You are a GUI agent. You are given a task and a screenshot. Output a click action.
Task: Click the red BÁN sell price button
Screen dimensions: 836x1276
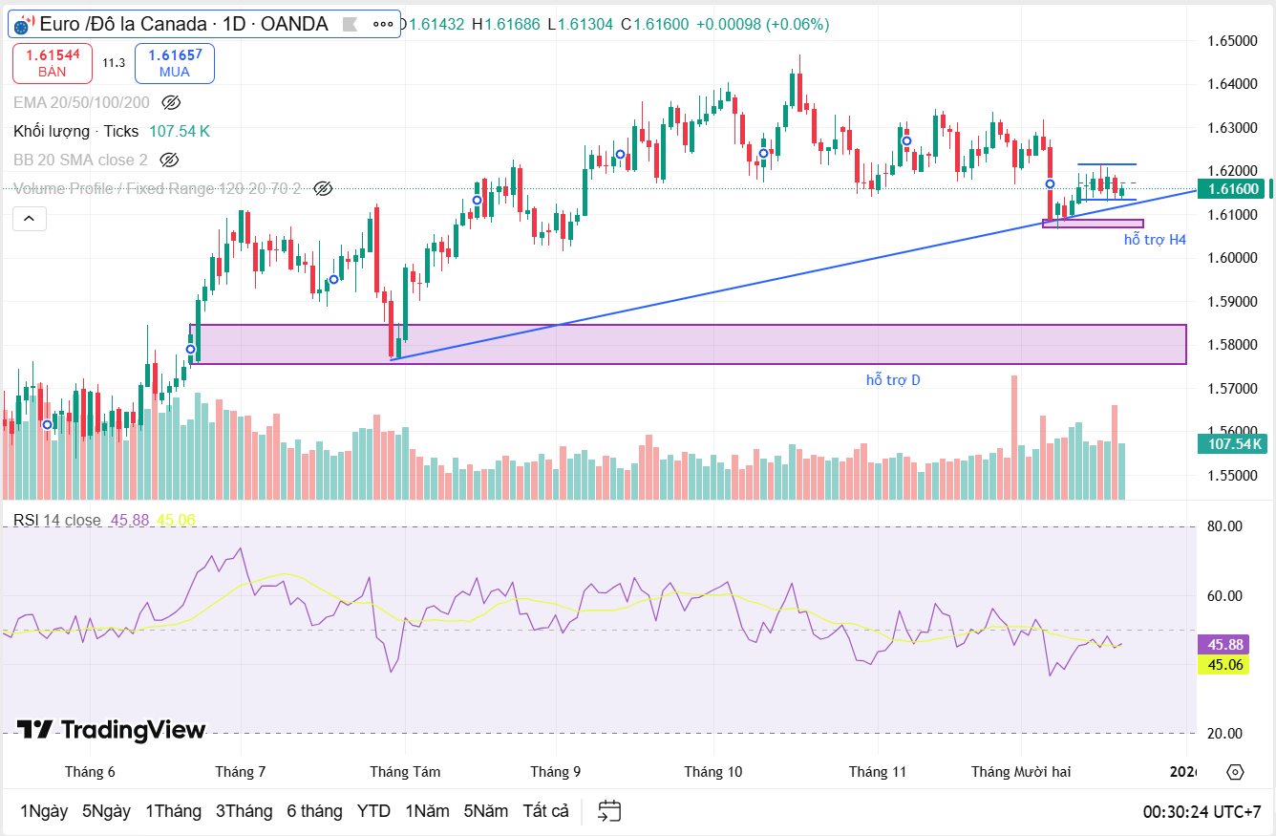53,63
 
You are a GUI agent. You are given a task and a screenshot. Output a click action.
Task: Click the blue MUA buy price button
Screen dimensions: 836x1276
175,63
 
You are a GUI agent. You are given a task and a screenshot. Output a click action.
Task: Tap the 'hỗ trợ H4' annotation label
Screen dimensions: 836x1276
1155,240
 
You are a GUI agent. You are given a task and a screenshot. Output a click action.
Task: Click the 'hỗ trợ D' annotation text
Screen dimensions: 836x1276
893,380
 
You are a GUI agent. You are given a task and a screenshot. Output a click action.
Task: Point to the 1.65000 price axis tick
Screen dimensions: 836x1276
1231,41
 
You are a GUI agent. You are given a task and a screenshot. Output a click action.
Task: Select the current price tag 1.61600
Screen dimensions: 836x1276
1235,189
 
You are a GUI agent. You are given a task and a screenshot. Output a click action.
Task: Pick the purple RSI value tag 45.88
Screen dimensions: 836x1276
1224,645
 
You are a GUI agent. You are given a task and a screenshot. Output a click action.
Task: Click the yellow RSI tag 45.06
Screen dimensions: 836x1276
1224,664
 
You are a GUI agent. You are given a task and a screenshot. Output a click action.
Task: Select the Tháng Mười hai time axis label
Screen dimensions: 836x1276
1021,772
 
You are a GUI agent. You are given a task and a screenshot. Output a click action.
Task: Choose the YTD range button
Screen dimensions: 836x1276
373,811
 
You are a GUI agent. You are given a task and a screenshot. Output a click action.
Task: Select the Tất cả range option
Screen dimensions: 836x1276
545,811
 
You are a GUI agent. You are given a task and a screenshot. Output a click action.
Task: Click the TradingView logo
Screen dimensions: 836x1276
112,730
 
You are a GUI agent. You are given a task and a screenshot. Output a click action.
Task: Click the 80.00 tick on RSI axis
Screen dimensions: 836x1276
1223,526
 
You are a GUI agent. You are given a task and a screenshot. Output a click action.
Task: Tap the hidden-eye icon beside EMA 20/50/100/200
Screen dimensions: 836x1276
171,102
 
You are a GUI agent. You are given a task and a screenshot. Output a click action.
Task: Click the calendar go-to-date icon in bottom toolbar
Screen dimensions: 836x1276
609,811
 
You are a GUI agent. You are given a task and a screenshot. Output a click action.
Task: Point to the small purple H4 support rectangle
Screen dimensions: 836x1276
1093,224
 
